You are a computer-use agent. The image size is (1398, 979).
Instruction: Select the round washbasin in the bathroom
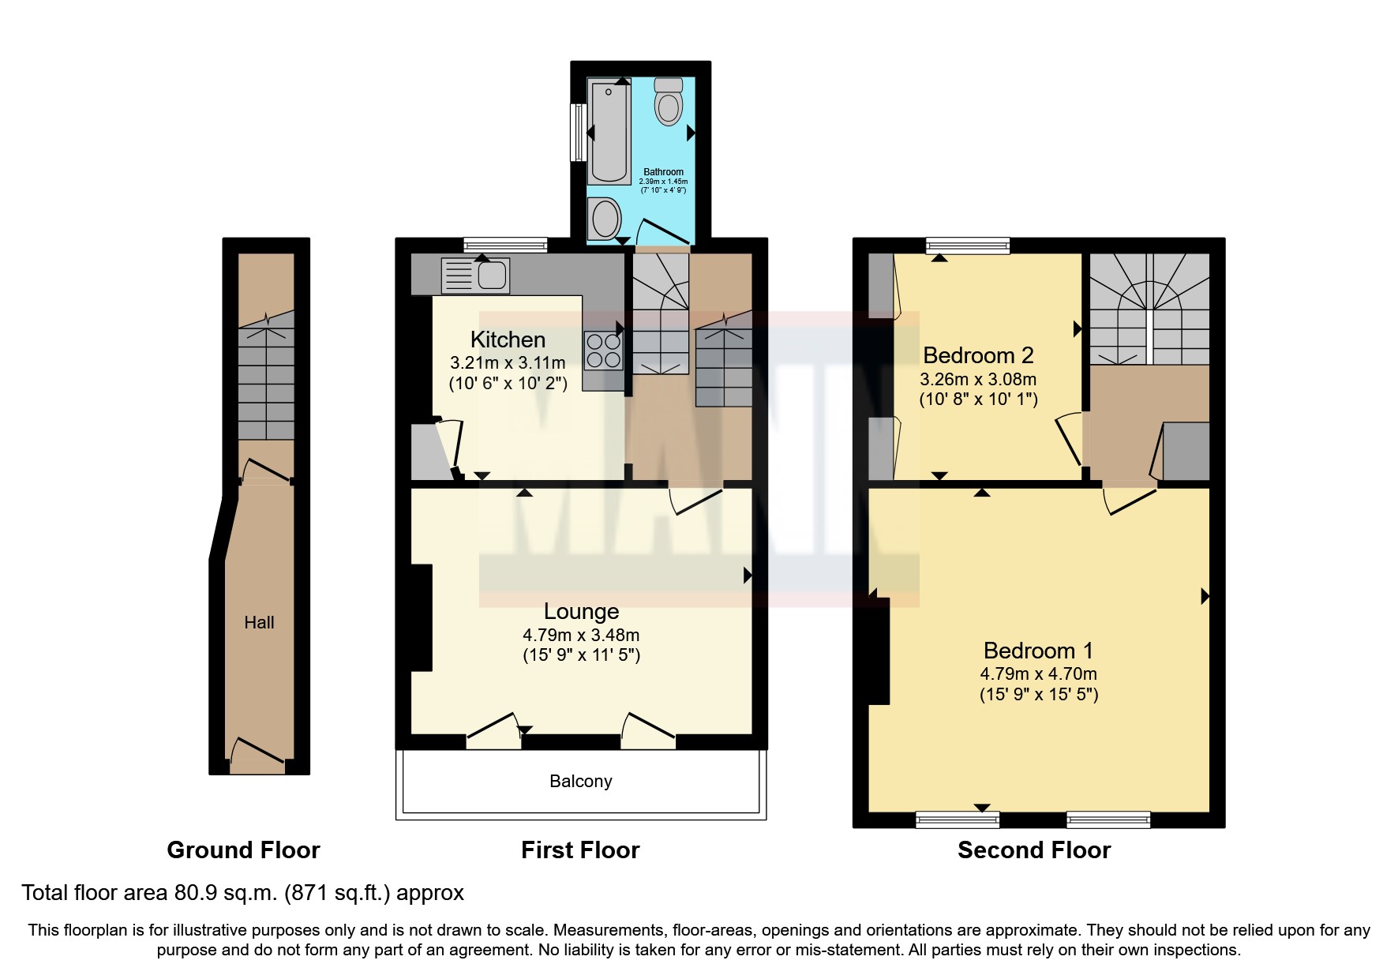click(x=605, y=217)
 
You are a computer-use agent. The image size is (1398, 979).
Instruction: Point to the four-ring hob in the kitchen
click(x=603, y=351)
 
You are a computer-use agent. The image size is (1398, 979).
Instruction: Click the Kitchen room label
click(x=508, y=339)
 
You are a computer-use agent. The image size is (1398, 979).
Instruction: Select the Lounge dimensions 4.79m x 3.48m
click(x=581, y=635)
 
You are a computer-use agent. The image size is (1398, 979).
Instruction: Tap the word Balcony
click(x=581, y=781)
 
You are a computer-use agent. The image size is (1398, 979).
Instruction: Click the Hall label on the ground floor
click(x=259, y=622)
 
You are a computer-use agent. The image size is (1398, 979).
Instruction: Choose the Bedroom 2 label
click(x=978, y=355)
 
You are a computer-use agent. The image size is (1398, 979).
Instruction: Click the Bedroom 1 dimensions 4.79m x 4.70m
click(x=1038, y=673)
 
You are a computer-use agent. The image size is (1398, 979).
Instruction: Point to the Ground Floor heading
click(x=243, y=850)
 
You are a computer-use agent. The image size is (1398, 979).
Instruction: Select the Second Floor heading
click(x=1033, y=850)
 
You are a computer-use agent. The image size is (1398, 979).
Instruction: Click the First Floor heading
click(x=580, y=850)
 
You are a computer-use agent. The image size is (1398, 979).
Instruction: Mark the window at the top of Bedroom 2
click(x=967, y=246)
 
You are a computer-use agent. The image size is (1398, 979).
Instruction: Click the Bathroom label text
click(x=663, y=171)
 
